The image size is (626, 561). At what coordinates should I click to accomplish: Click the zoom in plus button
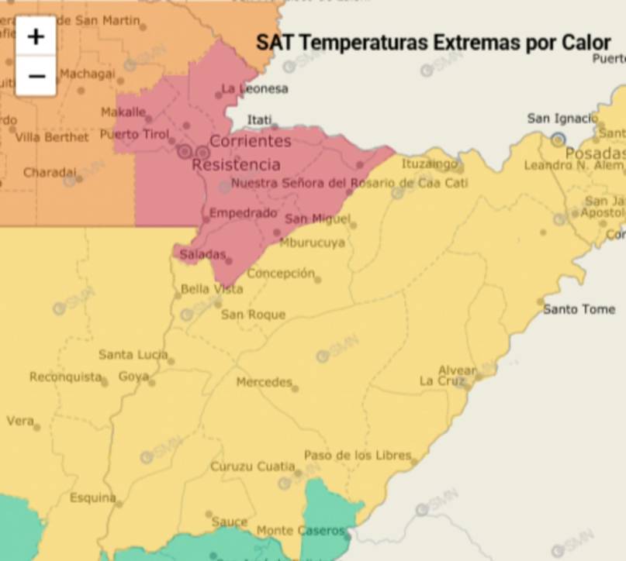point(36,36)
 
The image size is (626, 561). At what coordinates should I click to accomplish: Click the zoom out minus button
point(36,76)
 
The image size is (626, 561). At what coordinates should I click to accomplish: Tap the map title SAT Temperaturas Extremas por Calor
point(433,43)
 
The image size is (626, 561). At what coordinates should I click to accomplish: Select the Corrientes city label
point(250,141)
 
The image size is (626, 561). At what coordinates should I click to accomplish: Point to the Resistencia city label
point(236,164)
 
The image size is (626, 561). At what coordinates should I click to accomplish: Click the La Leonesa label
point(254,89)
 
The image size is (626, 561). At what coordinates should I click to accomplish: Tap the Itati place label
point(260,119)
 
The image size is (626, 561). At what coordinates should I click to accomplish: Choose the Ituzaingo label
point(429,163)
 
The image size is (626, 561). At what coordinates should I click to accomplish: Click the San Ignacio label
point(562,119)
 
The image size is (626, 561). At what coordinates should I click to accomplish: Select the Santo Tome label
point(579,309)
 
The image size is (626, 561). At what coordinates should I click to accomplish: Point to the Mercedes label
point(264,382)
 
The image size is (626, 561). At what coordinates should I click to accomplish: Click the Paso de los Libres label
point(357,455)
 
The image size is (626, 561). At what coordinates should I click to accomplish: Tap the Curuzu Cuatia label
point(252,466)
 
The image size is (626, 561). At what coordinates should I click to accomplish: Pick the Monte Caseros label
point(299,531)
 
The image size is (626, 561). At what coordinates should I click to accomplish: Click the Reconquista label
point(65,377)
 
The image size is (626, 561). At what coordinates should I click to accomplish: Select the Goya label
point(133,377)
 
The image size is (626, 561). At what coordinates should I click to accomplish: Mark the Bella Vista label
point(211,289)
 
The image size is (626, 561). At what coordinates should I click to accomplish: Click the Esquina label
point(92,497)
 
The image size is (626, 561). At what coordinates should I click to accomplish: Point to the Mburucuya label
point(312,243)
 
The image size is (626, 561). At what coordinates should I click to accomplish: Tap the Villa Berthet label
point(52,137)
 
